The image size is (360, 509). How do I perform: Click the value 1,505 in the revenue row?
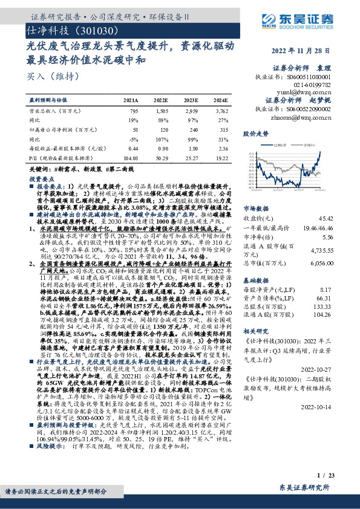click(161, 111)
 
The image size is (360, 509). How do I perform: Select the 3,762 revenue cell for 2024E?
click(221, 111)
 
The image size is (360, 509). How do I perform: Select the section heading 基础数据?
click(255, 264)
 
